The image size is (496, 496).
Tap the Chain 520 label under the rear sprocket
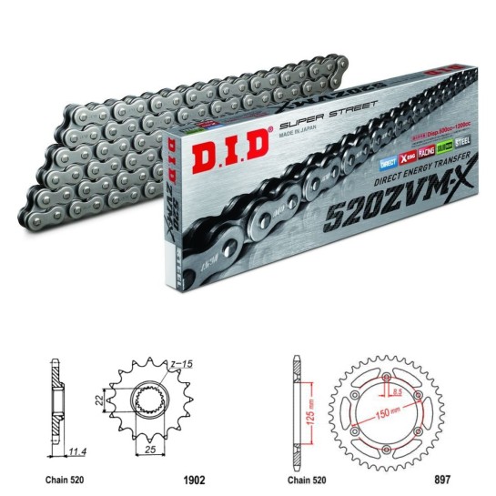(307, 473)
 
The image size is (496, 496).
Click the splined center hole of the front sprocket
(154, 401)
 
